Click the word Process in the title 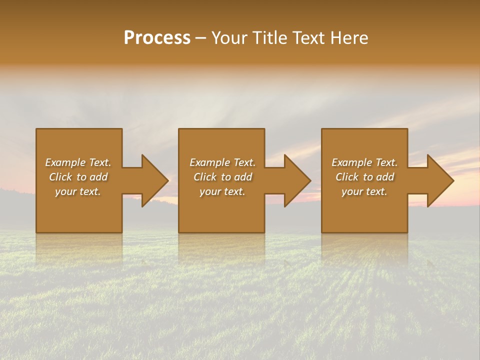pos(157,38)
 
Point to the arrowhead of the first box pos(154,180)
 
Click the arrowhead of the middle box pos(297,180)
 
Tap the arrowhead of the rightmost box pos(440,180)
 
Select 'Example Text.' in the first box pos(78,162)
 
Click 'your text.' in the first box pos(78,191)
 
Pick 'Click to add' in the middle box pos(222,177)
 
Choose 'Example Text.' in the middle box pos(222,162)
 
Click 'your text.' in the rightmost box pos(364,191)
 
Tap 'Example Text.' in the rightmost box pos(364,162)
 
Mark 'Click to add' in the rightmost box pos(364,177)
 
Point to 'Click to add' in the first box pos(78,177)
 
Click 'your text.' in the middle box pos(222,191)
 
